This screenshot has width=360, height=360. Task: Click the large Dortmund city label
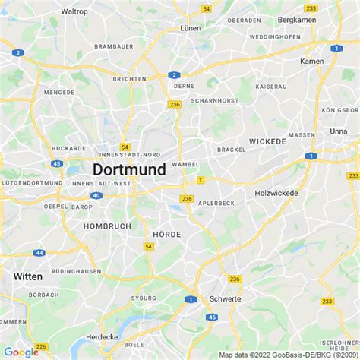[x=129, y=169]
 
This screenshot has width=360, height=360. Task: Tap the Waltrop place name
[x=74, y=11]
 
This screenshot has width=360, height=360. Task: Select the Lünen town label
[x=189, y=27]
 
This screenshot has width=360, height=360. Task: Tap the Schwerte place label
[x=224, y=299]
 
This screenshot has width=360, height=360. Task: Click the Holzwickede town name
[x=276, y=193]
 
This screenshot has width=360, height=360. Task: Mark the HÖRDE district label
[x=167, y=235]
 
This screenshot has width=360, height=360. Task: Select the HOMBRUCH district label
[x=107, y=226]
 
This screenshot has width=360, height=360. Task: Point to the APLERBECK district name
[x=216, y=204]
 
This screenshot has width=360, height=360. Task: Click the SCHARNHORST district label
[x=215, y=100]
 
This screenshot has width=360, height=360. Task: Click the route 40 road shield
[x=96, y=195]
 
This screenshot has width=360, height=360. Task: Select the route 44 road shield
[x=39, y=252]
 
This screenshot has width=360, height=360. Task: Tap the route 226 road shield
[x=41, y=346]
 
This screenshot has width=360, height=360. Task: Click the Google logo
[x=21, y=352]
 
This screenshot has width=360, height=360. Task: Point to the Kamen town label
[x=311, y=61]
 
